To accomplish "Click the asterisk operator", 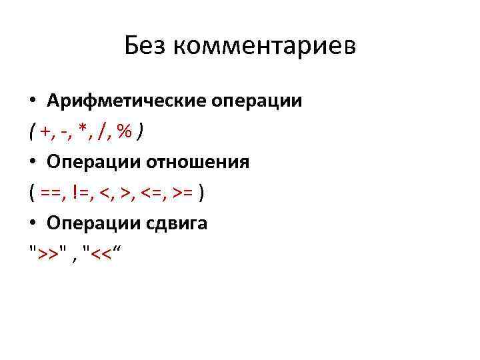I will point(82,131).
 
